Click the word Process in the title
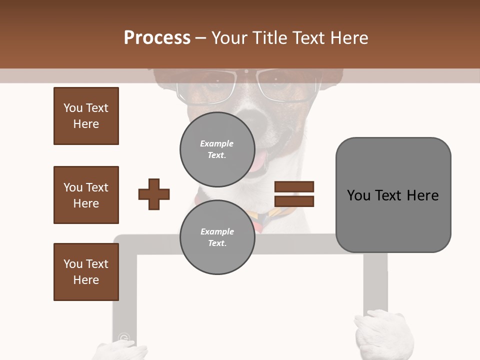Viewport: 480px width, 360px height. click(157, 38)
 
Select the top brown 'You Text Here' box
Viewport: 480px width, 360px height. click(86, 116)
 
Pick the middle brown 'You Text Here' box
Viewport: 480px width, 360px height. click(86, 195)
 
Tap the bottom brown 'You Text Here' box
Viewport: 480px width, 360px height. click(86, 272)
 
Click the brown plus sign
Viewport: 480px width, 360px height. click(154, 193)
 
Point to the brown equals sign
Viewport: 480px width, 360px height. click(294, 194)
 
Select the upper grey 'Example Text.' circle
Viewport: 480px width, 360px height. click(217, 149)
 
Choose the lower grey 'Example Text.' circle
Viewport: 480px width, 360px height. click(217, 237)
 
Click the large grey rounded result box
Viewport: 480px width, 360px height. click(393, 195)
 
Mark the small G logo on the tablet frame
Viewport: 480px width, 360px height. click(123, 338)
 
